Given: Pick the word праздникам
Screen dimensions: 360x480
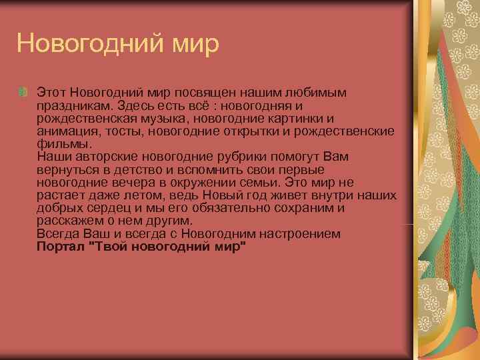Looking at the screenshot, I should pyautogui.click(x=75, y=105).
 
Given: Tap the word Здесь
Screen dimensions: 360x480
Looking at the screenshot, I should pyautogui.click(x=137, y=105).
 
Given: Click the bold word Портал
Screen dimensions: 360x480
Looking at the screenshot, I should pyautogui.click(x=61, y=247).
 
